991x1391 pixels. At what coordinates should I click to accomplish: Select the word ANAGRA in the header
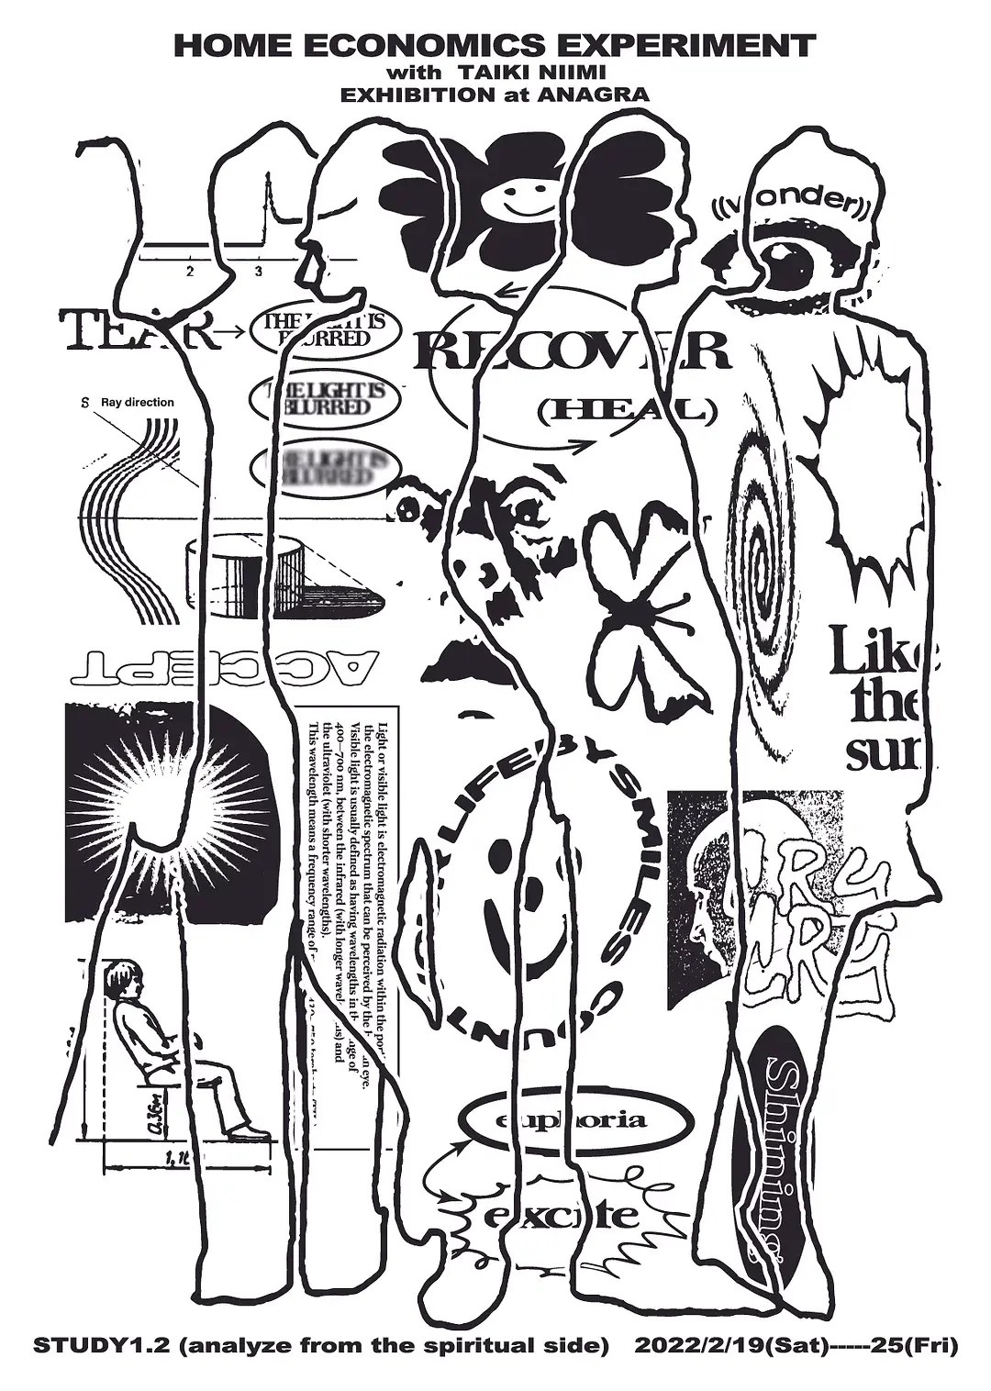coord(600,94)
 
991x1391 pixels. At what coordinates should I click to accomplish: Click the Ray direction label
coord(138,402)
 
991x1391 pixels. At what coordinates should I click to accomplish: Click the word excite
coord(560,1216)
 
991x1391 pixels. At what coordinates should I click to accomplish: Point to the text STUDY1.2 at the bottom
coord(84,1347)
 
